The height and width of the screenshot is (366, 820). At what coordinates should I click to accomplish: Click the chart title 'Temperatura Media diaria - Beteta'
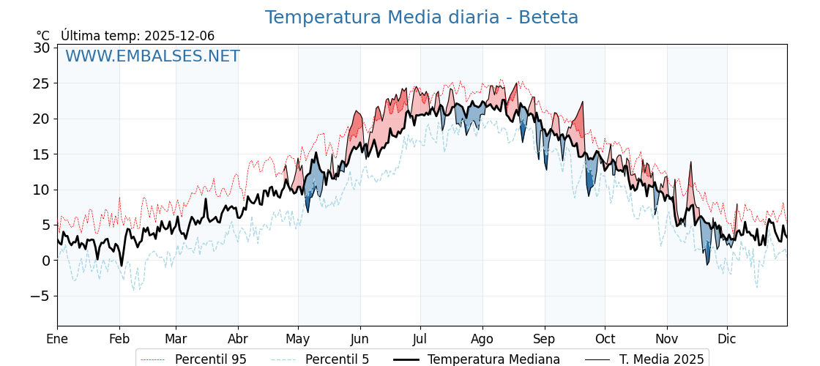pos(421,18)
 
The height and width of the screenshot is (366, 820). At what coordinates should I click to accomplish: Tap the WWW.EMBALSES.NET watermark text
pos(152,56)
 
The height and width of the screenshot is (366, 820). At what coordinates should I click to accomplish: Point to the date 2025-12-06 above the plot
pos(179,36)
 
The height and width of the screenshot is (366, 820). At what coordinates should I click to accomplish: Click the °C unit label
pos(43,36)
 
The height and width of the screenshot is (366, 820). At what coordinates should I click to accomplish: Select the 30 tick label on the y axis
pos(41,48)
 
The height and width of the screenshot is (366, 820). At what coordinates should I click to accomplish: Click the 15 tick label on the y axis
pos(41,154)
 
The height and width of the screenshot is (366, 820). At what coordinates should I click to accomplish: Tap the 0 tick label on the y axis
pos(45,261)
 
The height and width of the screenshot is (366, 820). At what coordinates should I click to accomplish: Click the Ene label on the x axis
pos(57,339)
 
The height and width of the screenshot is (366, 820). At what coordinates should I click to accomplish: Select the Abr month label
pos(238,339)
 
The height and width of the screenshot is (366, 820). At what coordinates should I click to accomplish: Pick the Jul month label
pos(420,339)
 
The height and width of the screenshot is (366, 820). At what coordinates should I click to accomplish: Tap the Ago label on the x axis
pos(482,339)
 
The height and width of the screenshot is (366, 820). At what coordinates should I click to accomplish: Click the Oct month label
pos(605,339)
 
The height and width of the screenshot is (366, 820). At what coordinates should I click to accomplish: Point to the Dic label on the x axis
pos(727,339)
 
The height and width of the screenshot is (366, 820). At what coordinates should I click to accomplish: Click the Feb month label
pos(119,339)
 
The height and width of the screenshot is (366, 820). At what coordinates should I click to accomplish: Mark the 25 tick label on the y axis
pos(41,83)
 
